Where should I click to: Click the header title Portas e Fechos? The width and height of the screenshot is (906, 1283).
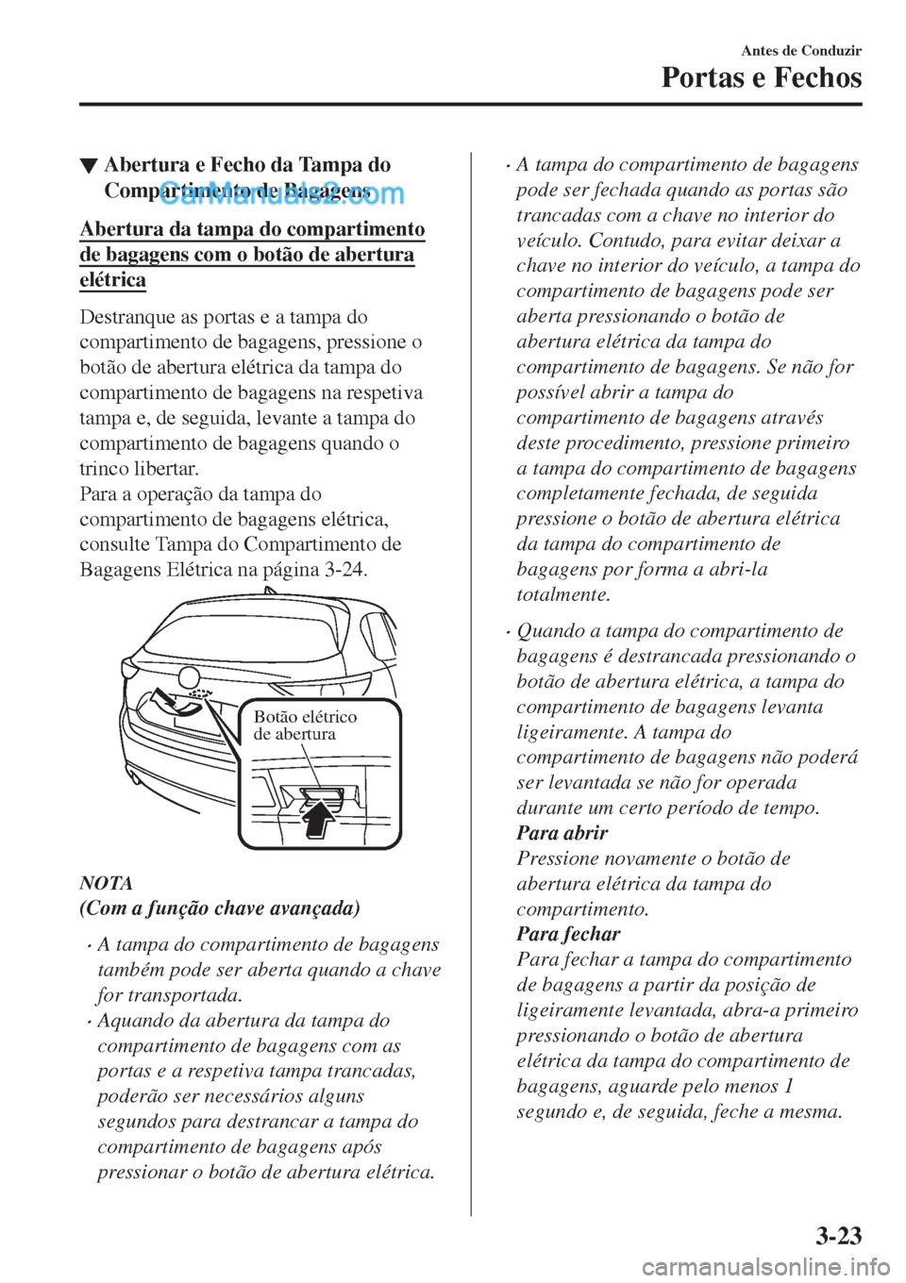tap(761, 77)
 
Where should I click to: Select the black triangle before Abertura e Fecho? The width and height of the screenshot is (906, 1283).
tap(88, 167)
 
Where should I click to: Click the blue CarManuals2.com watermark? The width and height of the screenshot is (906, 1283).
tap(282, 193)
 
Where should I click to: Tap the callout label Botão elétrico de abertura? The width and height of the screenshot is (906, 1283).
tap(305, 725)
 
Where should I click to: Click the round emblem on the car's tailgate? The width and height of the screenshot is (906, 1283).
tap(190, 676)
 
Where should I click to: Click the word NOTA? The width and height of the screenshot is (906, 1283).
tap(106, 883)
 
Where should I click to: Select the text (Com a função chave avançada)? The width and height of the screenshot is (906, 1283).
tap(219, 908)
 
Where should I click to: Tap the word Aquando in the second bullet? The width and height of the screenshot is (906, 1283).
tap(131, 1021)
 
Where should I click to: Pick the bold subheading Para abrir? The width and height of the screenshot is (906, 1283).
tap(562, 833)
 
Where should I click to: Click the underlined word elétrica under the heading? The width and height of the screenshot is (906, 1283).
tap(112, 280)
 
